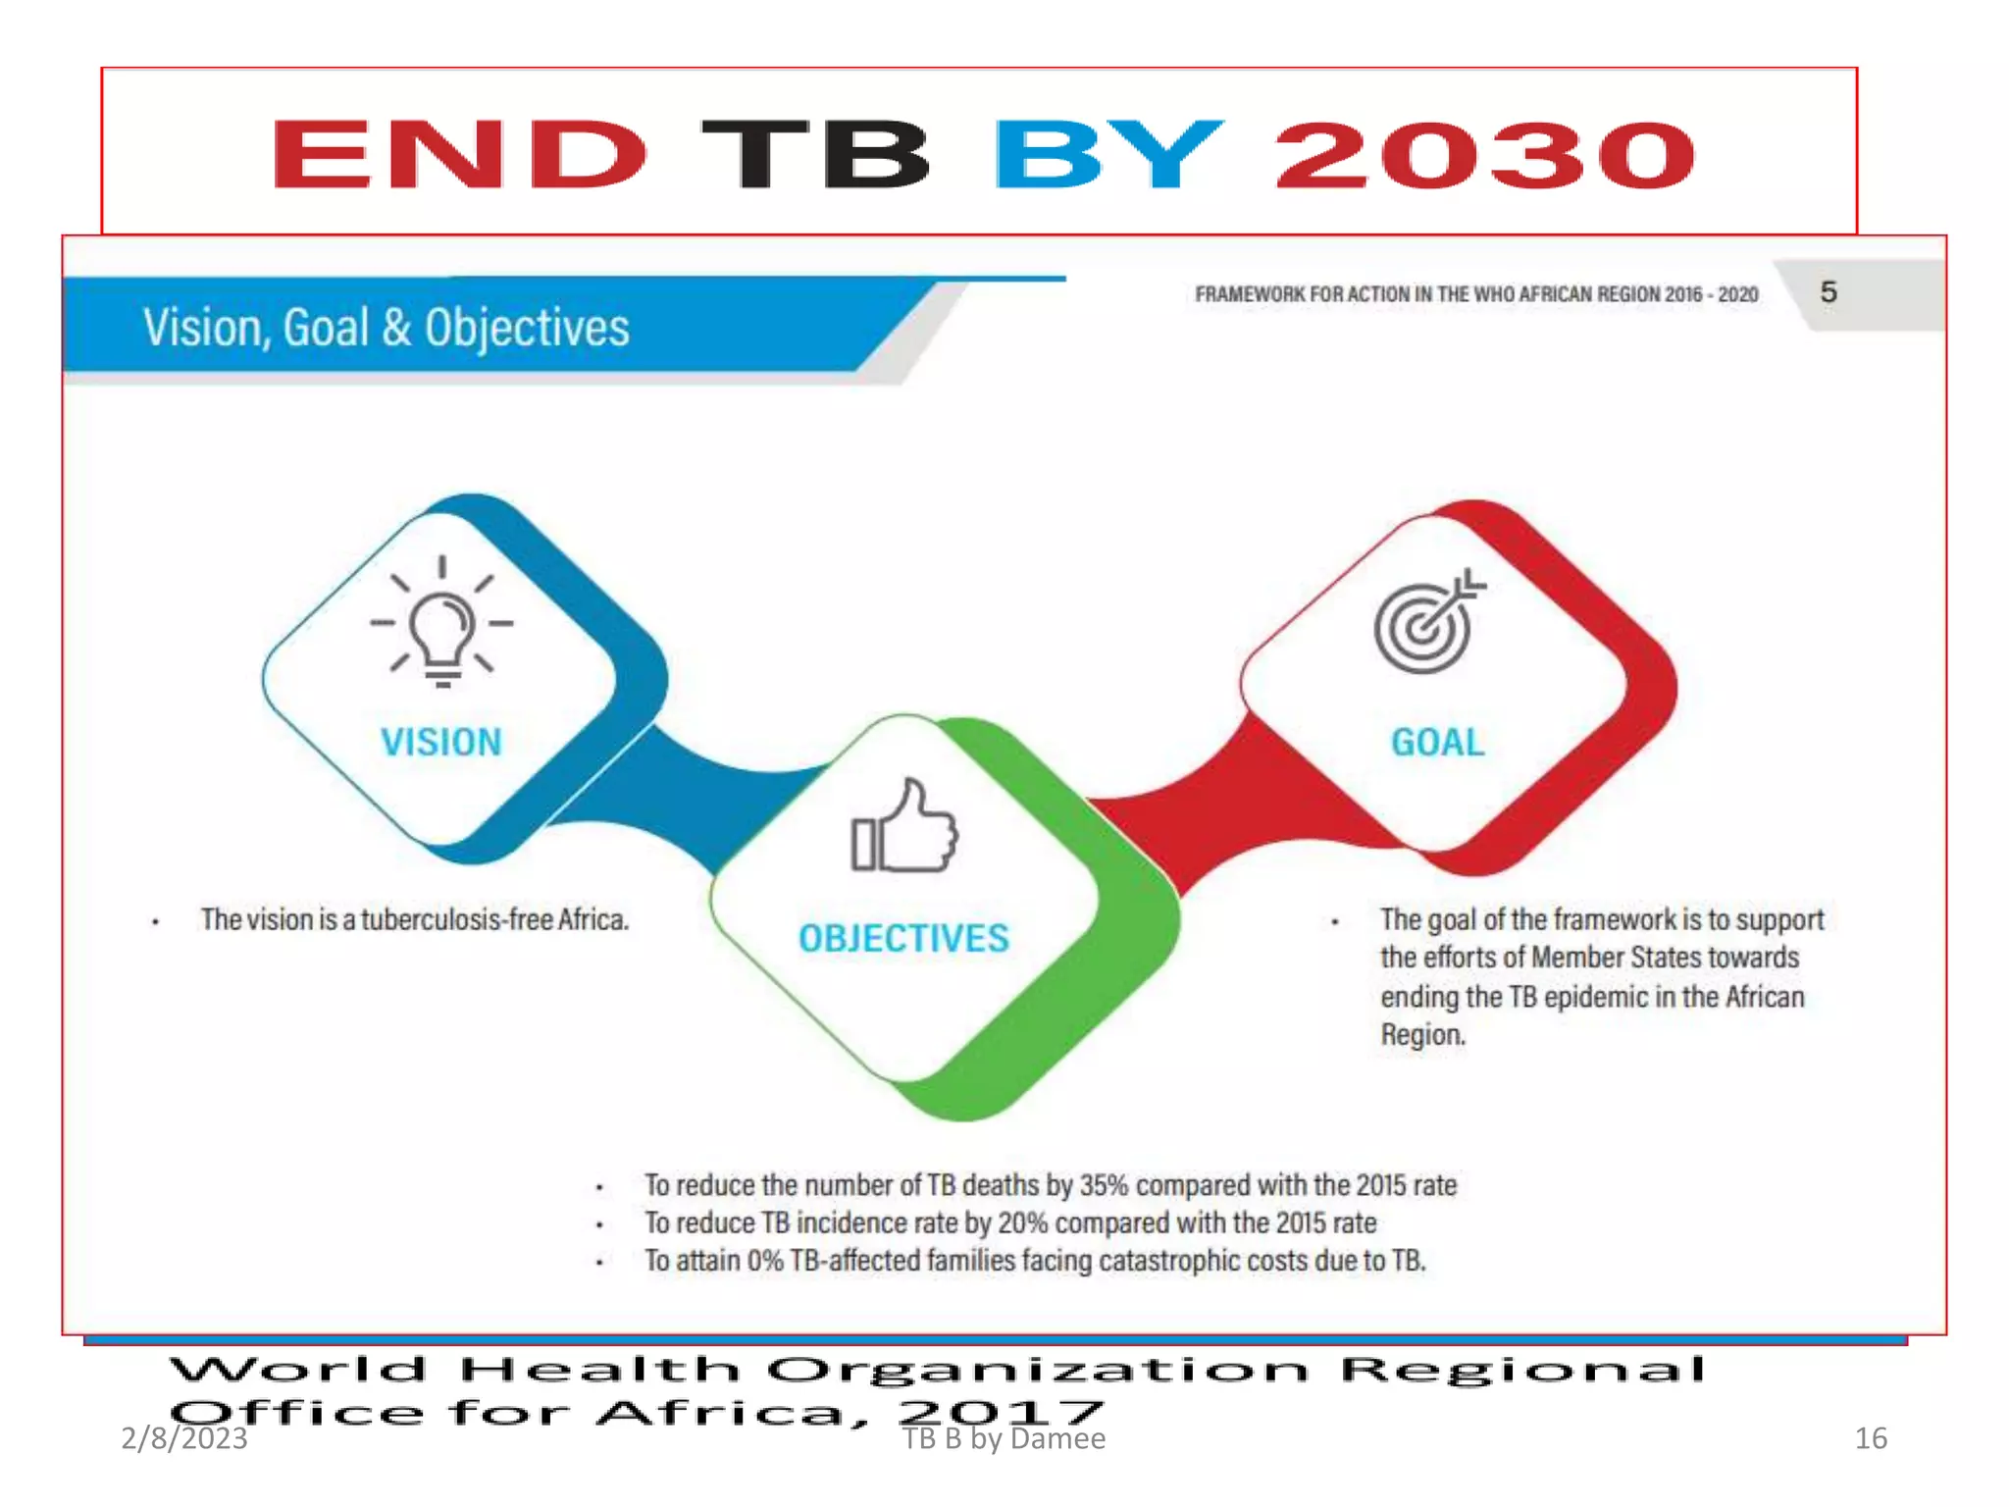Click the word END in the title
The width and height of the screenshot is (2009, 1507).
[459, 154]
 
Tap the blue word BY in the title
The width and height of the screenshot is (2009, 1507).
[1108, 154]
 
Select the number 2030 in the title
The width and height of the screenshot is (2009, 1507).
[1484, 154]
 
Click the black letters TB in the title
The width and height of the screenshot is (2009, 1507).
[815, 154]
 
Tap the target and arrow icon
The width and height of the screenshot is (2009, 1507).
[1427, 624]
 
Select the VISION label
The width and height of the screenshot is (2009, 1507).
[441, 742]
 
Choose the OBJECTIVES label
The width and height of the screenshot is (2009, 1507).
[903, 938]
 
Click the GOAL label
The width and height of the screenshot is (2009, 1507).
[1438, 742]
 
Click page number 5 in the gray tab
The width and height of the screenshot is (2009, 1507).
[1829, 292]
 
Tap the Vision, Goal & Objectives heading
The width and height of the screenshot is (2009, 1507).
[386, 328]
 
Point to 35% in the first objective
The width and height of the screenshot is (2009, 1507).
[1105, 1185]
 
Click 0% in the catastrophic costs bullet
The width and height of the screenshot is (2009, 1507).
[765, 1261]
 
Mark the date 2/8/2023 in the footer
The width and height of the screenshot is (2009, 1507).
[184, 1438]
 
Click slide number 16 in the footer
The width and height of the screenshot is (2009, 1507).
[1871, 1438]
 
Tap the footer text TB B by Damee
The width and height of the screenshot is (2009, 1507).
[1004, 1439]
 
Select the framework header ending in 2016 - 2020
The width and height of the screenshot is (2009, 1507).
[1476, 294]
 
